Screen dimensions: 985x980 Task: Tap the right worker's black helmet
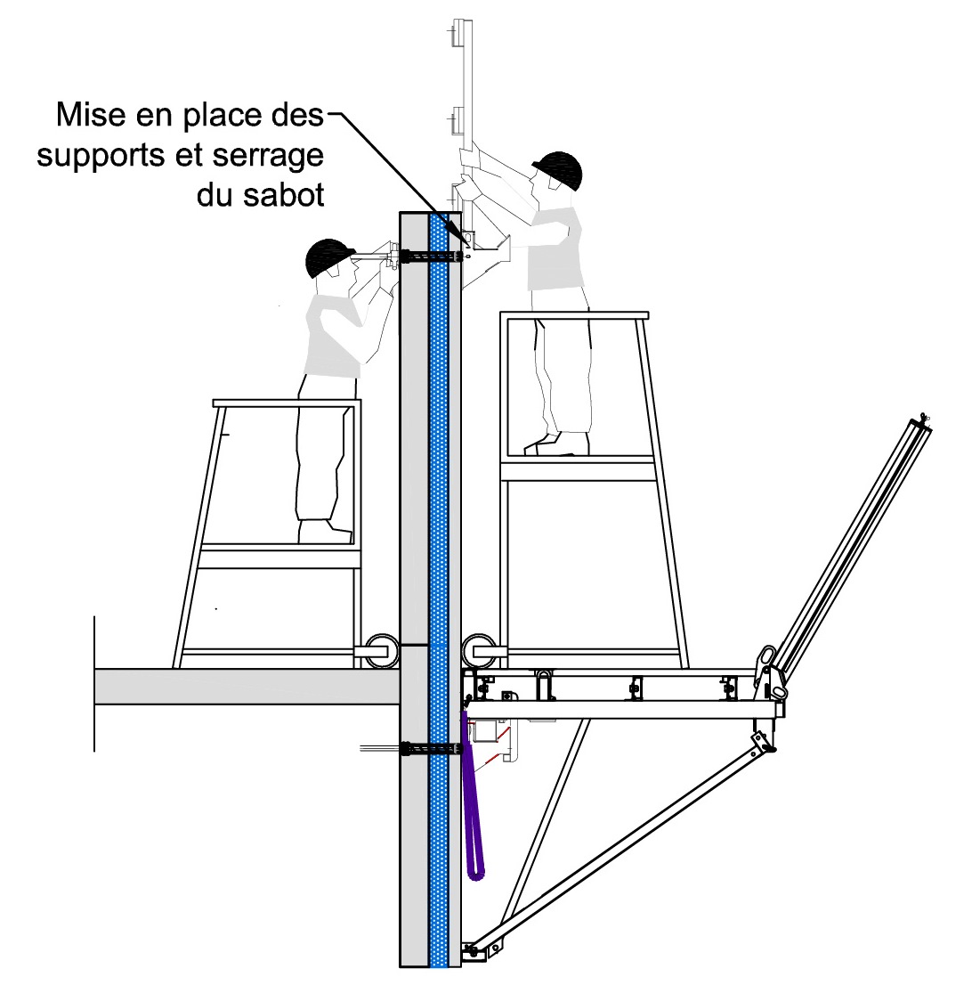559,169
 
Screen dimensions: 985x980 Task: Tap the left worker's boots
325,532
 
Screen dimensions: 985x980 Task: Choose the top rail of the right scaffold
574,315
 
